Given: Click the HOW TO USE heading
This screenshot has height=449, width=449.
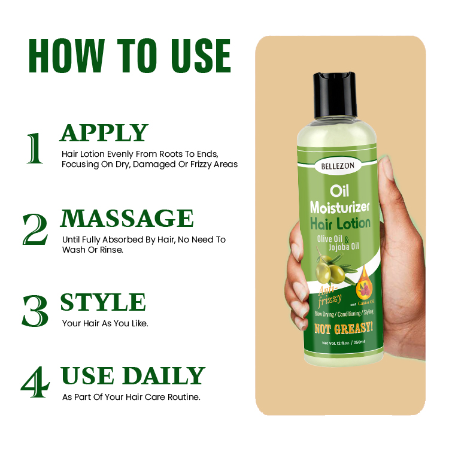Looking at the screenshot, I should click(129, 56).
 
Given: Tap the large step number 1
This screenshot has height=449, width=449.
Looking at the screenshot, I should click(34, 148).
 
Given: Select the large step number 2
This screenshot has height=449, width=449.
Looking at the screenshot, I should click(35, 229).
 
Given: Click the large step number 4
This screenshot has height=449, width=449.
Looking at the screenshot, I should click(34, 384).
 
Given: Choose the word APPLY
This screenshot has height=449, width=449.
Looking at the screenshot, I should click(104, 133).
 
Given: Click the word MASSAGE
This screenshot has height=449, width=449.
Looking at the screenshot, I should click(127, 219).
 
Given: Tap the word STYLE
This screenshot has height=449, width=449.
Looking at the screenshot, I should click(102, 302).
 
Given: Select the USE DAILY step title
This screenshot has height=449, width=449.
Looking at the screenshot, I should click(133, 375).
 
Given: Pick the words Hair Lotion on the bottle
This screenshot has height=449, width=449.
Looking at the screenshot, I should click(340, 223).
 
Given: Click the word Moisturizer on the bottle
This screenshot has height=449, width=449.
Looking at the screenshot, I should click(340, 208).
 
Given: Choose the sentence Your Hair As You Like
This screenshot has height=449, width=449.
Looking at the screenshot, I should click(105, 323).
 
